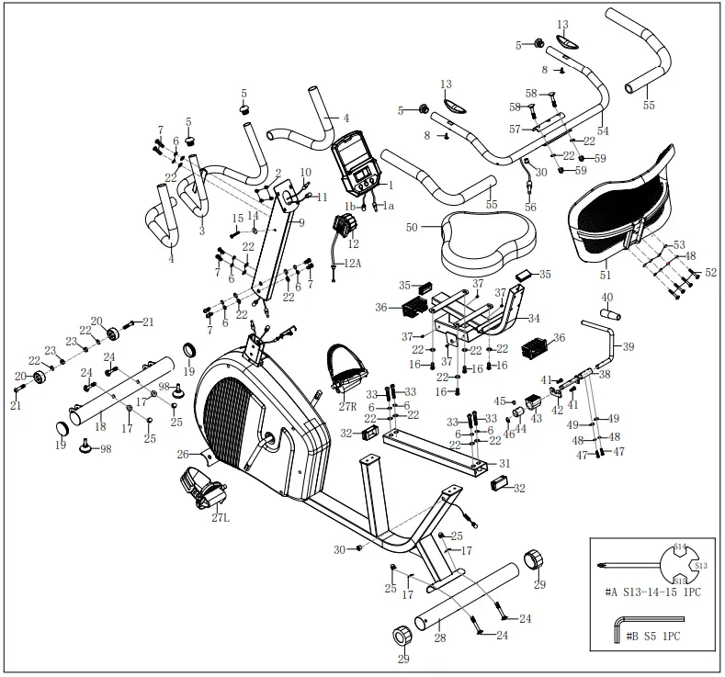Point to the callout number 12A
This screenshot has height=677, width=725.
pyautogui.click(x=353, y=264)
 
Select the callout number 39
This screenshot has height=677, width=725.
pyautogui.click(x=629, y=346)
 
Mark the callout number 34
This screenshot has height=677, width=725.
pyautogui.click(x=535, y=318)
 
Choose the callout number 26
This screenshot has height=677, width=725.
pyautogui.click(x=183, y=454)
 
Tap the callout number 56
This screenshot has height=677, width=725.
pyautogui.click(x=531, y=208)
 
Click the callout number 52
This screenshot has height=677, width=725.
pyautogui.click(x=709, y=273)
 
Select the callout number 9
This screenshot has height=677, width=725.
pyautogui.click(x=301, y=221)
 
